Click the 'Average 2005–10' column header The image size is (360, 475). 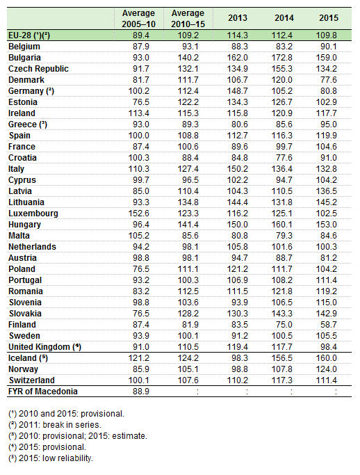139,19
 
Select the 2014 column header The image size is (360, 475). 284,18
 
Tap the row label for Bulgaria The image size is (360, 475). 24,58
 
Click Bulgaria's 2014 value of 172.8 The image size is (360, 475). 282,58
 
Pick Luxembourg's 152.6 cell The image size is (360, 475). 139,214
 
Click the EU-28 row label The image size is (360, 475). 29,35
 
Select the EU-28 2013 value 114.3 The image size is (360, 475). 238,35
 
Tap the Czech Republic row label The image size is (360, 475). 38,69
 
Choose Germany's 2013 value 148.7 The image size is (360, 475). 238,91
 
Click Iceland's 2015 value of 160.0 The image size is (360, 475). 327,357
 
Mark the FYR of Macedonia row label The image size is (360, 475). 43,392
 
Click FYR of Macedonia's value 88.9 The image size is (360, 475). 141,392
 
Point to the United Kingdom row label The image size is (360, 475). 44,347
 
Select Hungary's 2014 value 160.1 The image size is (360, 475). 282,225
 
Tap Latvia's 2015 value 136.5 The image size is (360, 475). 327,191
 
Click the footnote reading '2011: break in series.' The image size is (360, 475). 55,425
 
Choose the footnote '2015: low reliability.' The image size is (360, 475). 51,458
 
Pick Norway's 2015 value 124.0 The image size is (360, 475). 327,369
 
